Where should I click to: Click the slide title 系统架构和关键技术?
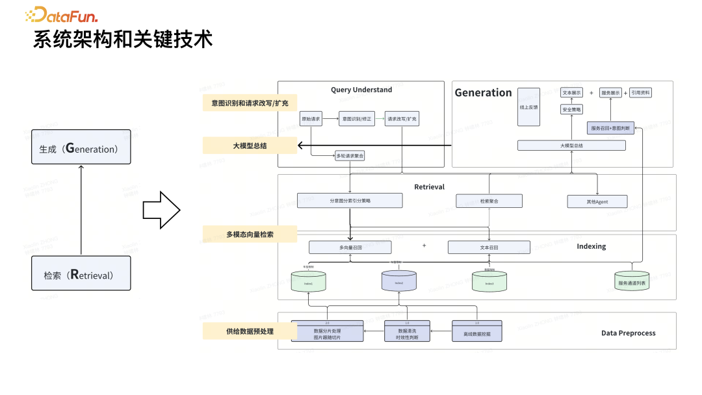pyautogui.click(x=123, y=40)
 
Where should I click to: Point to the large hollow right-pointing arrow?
pyautogui.click(x=161, y=210)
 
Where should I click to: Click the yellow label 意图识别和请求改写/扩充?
pyautogui.click(x=250, y=103)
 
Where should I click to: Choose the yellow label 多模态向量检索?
pyautogui.click(x=250, y=234)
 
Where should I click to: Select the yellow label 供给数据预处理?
pyautogui.click(x=250, y=331)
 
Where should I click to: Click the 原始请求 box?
pyautogui.click(x=311, y=119)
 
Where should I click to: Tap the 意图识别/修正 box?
pyautogui.click(x=357, y=119)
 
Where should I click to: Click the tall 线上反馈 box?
pyautogui.click(x=528, y=107)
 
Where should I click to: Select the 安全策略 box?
pyautogui.click(x=571, y=109)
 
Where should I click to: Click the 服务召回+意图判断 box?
pyautogui.click(x=610, y=127)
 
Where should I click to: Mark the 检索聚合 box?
pyautogui.click(x=489, y=201)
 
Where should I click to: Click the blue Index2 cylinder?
pyautogui.click(x=398, y=281)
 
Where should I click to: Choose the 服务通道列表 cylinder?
pyautogui.click(x=631, y=281)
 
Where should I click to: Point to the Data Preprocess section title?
pyautogui.click(x=628, y=333)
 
